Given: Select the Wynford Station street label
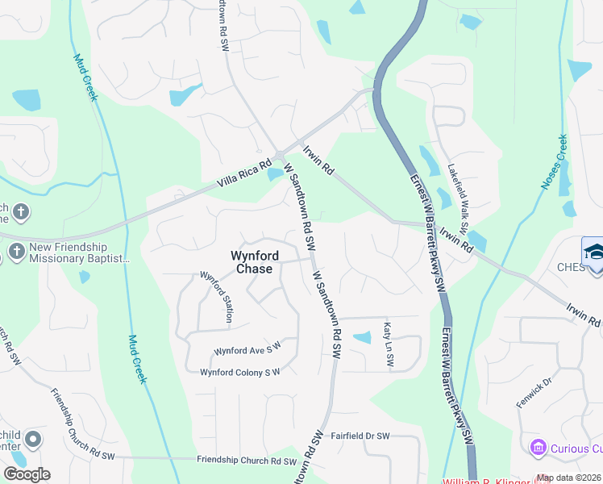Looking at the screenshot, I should click(x=215, y=297).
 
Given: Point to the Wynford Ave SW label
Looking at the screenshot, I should click(x=247, y=349).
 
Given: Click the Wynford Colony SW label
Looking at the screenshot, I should click(x=239, y=372).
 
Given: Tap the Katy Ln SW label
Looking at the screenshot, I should click(x=388, y=344).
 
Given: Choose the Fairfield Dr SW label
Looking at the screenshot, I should click(x=360, y=436).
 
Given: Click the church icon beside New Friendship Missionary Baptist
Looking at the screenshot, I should click(x=15, y=251).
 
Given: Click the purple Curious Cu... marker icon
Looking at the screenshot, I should click(x=538, y=447).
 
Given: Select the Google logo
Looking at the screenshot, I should click(x=27, y=474).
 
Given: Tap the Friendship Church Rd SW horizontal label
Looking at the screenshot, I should click(x=247, y=461).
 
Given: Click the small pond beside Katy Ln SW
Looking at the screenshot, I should click(x=363, y=337).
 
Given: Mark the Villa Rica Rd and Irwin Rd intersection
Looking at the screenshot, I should click(x=279, y=155).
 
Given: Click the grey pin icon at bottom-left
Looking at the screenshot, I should click(x=32, y=440).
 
